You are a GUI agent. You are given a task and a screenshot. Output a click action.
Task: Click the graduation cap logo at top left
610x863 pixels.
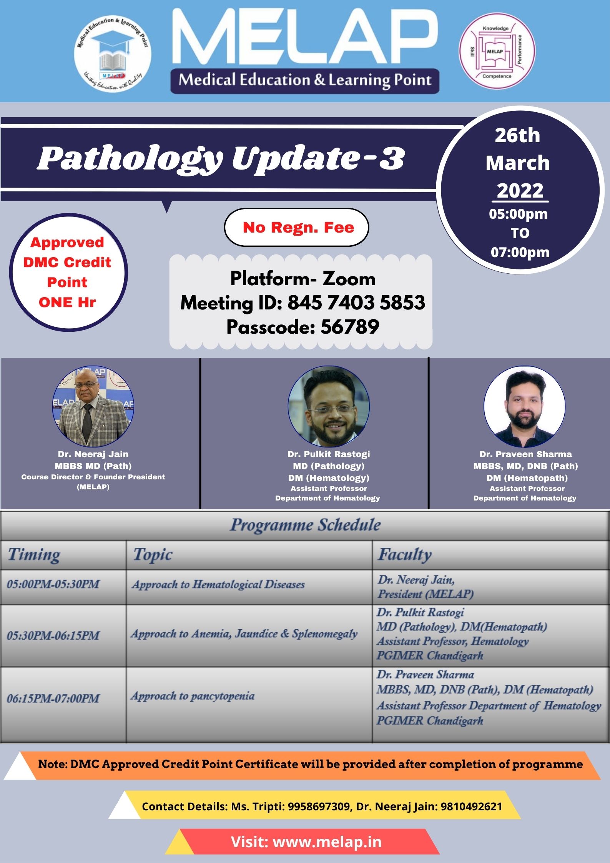[113, 54]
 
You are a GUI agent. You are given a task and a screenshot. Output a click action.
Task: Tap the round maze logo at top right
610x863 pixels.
[497, 51]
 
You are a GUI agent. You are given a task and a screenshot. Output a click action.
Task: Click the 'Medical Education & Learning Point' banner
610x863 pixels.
[305, 80]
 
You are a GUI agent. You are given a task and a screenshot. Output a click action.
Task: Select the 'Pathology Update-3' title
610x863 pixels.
[221, 158]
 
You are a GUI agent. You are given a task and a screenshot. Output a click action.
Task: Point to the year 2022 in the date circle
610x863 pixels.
[520, 190]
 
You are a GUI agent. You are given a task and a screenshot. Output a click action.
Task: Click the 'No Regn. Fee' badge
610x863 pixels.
[297, 227]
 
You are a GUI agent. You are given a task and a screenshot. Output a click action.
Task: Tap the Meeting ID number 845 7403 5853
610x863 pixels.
[356, 303]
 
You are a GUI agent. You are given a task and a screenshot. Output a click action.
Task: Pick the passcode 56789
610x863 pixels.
[350, 327]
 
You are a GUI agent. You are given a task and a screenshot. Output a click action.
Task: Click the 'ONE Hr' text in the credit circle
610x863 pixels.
[67, 302]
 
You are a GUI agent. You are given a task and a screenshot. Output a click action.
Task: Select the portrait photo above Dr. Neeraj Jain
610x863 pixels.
[93, 406]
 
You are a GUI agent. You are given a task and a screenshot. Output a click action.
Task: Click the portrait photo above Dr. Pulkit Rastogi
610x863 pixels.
[329, 406]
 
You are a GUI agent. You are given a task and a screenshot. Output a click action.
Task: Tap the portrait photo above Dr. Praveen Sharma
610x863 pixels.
[524, 406]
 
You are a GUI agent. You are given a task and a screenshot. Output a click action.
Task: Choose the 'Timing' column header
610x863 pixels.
[34, 555]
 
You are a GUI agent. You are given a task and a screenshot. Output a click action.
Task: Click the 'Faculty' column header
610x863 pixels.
[404, 555]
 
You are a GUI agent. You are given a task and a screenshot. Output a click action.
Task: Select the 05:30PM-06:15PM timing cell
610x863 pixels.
[53, 635]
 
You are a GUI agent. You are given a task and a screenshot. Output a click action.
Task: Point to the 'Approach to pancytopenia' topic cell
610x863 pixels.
[193, 696]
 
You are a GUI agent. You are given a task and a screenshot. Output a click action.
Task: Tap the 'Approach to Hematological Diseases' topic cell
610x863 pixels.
[218, 584]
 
